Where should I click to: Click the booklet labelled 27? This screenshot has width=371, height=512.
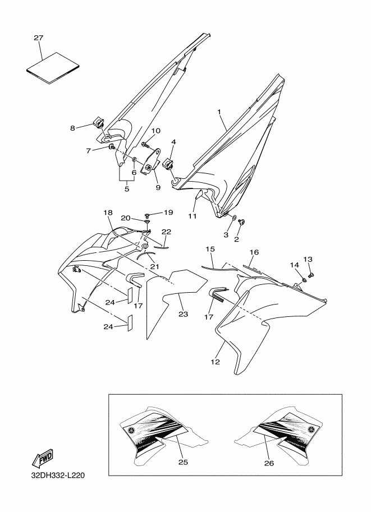[52, 68]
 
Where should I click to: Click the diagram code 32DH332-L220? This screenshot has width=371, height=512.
[58, 475]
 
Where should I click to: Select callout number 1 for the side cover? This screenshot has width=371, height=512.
[219, 112]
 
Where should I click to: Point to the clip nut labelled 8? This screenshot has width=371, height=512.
[98, 123]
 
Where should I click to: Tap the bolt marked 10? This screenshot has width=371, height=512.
[145, 144]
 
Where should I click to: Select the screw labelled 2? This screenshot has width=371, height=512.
[242, 222]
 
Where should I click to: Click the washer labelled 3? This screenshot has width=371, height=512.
[235, 217]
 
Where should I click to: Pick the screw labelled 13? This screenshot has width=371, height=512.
[310, 274]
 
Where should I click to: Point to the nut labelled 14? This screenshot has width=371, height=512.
[304, 279]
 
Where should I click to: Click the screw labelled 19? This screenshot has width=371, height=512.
[147, 215]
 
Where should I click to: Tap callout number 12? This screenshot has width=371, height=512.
[216, 362]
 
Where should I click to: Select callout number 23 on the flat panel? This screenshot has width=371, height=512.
[183, 314]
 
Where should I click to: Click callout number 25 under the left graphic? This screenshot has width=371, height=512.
[183, 462]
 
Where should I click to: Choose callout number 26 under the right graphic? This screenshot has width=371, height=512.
[269, 463]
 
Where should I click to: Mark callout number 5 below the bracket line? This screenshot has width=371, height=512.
[127, 189]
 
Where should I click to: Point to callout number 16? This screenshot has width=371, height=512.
[254, 252]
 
